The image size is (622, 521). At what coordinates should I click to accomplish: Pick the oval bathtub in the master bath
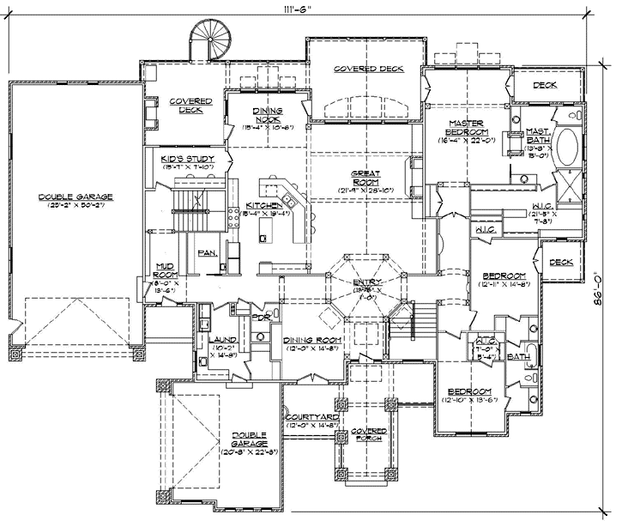[565, 149]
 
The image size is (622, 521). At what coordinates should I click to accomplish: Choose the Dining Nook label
[269, 114]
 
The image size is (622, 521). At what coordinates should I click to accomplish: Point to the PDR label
[261, 318]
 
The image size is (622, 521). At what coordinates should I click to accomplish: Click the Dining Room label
[312, 340]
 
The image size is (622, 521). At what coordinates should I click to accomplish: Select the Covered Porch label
[367, 433]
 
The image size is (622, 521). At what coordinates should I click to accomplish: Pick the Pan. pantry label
[206, 253]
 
